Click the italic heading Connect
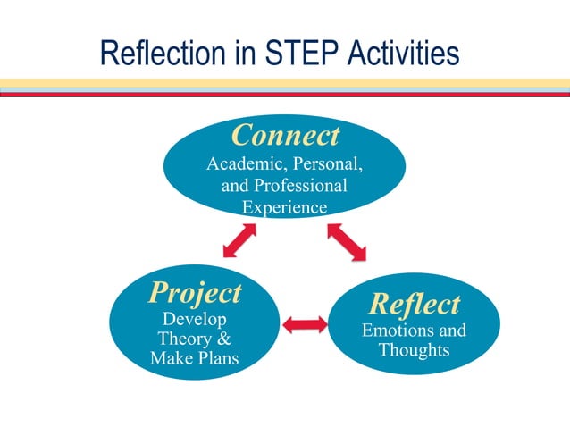coord(285,135)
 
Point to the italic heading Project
coord(195,292)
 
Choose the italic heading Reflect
coord(415,304)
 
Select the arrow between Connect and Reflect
coord(347,242)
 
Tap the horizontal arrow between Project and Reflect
coord(305,323)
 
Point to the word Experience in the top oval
coord(285,207)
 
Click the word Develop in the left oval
coord(194,319)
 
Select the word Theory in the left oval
coord(186,339)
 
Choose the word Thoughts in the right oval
coord(414,350)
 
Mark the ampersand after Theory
coord(224,339)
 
